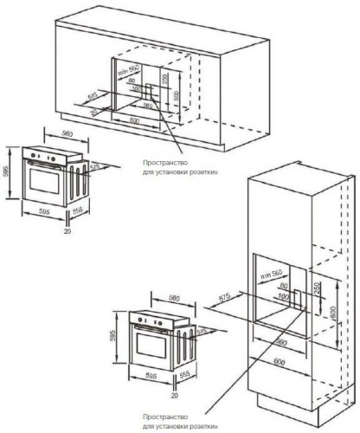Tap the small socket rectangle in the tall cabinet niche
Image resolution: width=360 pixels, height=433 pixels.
(x=296, y=300)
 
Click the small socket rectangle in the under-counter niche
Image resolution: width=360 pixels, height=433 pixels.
(x=153, y=93)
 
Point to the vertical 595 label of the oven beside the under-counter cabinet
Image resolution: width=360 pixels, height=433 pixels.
(x=7, y=171)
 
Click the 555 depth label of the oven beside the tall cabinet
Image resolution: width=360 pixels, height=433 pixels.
(x=184, y=377)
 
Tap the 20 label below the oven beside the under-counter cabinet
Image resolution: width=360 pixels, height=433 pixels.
(x=67, y=231)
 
